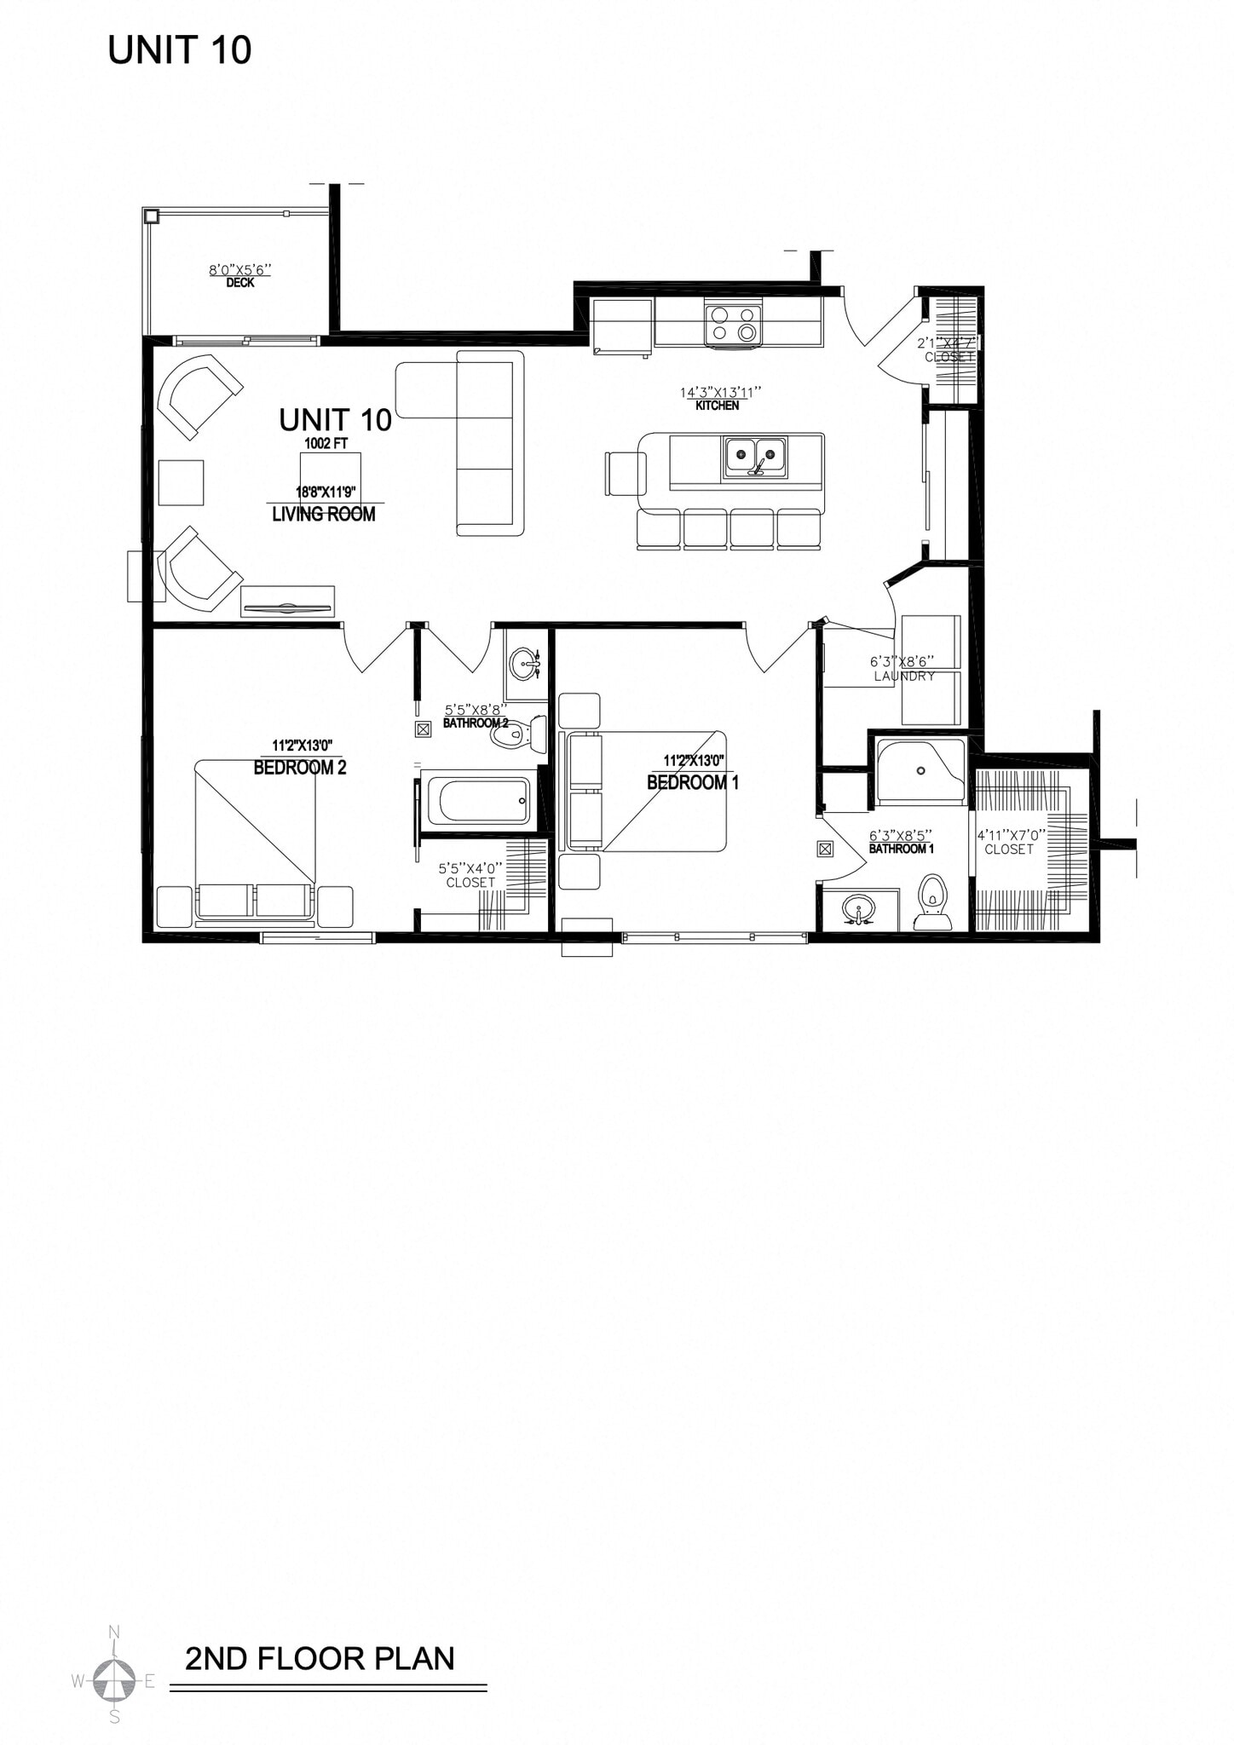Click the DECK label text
click(240, 283)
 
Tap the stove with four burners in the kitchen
click(733, 325)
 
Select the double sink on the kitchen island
click(755, 458)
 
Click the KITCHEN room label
click(718, 406)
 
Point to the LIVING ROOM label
click(324, 514)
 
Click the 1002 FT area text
click(326, 443)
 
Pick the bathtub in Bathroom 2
click(477, 798)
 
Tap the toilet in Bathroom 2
click(520, 734)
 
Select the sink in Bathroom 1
click(859, 909)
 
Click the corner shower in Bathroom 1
click(921, 772)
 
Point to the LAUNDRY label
click(904, 677)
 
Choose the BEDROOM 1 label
click(693, 782)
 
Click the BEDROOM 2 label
click(300, 768)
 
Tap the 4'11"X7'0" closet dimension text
click(1011, 836)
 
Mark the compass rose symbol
click(114, 1680)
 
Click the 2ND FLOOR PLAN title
click(320, 1658)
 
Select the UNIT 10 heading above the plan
click(180, 51)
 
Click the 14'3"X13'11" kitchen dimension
click(719, 392)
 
